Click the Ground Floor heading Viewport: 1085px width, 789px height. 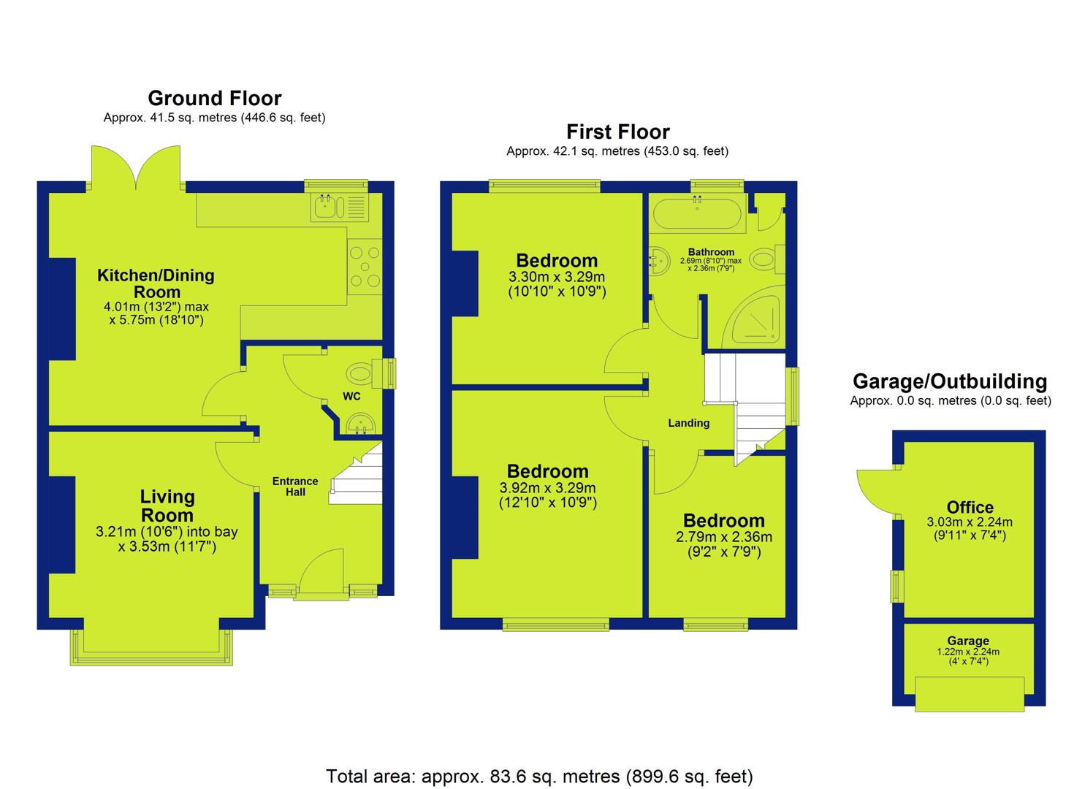(x=215, y=99)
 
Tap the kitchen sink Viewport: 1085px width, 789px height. (x=339, y=207)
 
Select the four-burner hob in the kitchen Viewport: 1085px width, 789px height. (x=365, y=267)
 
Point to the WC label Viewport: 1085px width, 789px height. (x=351, y=396)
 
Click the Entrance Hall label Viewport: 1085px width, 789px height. (x=295, y=487)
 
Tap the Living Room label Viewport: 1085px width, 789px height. (x=167, y=506)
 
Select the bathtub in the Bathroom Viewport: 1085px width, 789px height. (x=697, y=212)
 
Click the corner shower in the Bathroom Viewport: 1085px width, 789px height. (x=755, y=317)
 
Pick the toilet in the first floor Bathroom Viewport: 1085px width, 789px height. (x=767, y=259)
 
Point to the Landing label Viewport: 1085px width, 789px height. (x=689, y=423)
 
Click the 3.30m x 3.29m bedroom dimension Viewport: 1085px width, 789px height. (x=557, y=277)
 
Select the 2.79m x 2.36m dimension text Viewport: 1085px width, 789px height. (x=724, y=537)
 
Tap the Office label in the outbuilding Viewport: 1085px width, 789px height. (x=970, y=507)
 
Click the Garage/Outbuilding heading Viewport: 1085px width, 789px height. (x=950, y=381)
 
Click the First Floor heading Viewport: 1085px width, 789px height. (x=618, y=131)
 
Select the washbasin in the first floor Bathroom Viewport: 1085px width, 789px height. (x=659, y=261)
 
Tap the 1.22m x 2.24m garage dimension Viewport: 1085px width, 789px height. (x=968, y=652)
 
